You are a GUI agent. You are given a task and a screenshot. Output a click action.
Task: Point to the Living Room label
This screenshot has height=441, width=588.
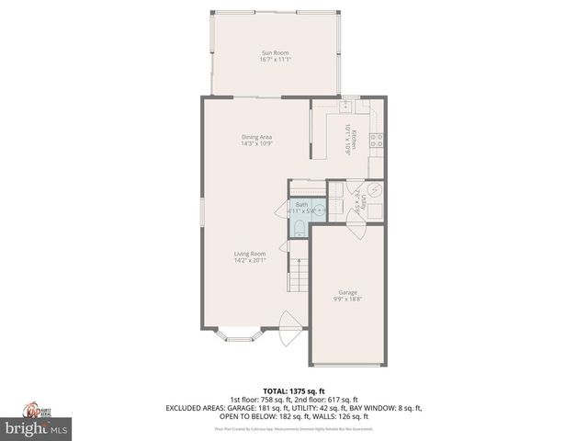click(249, 254)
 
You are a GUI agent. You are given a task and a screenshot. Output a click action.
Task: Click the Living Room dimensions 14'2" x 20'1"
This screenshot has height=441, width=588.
click(249, 260)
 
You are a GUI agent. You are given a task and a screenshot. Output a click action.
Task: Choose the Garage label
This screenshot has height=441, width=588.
click(346, 292)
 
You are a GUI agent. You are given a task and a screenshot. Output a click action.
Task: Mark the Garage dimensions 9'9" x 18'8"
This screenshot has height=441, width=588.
click(346, 299)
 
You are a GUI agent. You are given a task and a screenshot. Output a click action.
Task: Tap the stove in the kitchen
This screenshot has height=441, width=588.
click(376, 141)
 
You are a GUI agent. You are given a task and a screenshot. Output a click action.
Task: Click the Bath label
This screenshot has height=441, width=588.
click(301, 204)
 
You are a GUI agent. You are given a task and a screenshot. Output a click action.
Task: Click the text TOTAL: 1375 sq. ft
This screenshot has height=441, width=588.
click(294, 390)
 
